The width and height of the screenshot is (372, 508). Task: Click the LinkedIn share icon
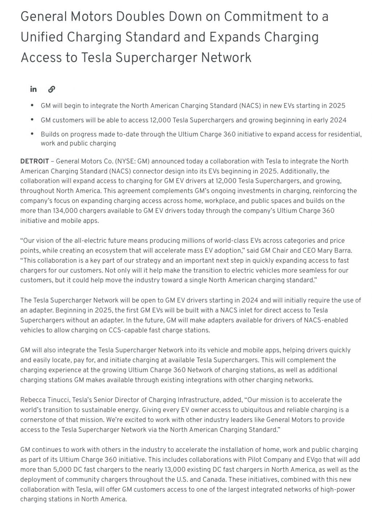pyautogui.click(x=33, y=89)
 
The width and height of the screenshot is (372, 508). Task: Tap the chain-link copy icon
pyautogui.click(x=51, y=89)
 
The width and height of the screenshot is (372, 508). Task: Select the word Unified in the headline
pyautogui.click(x=42, y=37)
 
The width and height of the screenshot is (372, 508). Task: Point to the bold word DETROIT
pyautogui.click(x=34, y=161)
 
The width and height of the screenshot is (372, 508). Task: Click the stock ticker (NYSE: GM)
pyautogui.click(x=132, y=161)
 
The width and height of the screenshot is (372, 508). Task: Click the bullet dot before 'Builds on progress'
pyautogui.click(x=33, y=134)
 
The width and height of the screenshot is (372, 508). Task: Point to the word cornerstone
pyautogui.click(x=39, y=420)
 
